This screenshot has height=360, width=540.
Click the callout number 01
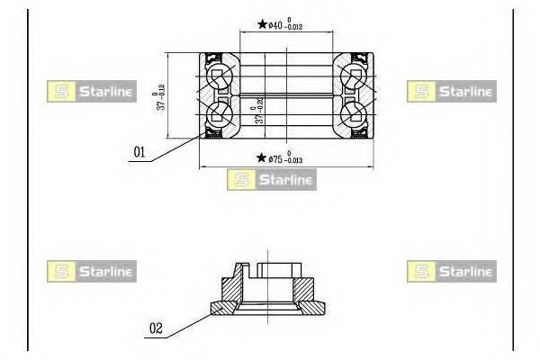point(139,153)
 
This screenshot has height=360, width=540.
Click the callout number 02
point(156,329)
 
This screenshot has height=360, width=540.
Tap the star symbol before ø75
point(259,159)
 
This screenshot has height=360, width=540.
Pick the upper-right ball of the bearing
point(355,76)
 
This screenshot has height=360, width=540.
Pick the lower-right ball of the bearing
point(355,113)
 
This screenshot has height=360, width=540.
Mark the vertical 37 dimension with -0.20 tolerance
point(259,111)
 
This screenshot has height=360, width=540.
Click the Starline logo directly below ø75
point(271,180)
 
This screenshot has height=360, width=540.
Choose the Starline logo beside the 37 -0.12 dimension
point(90,90)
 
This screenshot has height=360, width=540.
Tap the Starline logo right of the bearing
point(450,90)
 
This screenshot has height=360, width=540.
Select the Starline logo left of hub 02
point(90,270)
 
